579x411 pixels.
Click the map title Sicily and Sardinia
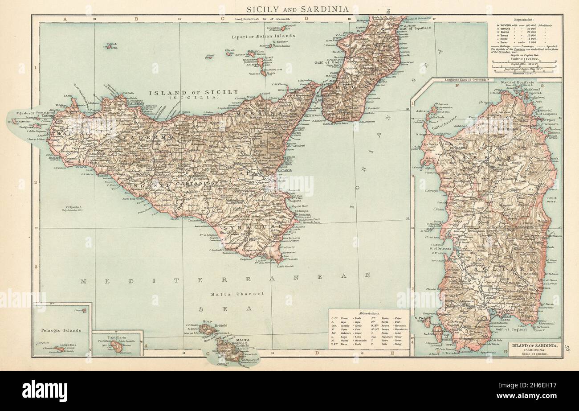298,9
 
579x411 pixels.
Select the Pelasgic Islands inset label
62,330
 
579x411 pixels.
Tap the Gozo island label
207,321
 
